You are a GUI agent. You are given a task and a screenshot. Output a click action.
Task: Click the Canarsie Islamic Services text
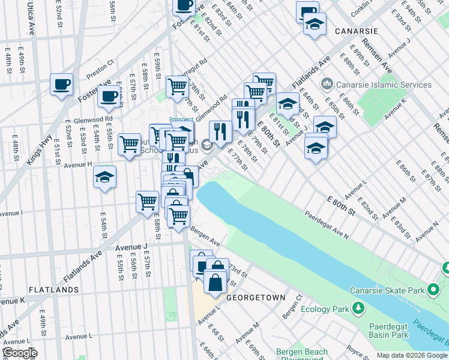(384, 85)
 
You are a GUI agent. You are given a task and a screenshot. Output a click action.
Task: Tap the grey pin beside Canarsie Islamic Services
(328, 83)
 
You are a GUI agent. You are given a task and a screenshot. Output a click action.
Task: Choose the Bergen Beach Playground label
(302, 356)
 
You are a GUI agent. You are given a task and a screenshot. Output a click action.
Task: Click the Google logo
(19, 353)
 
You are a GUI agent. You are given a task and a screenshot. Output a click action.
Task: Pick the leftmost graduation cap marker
(104, 177)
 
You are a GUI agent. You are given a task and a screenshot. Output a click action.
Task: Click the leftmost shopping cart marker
(129, 144)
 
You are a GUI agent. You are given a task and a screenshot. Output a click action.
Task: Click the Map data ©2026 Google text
(412, 355)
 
